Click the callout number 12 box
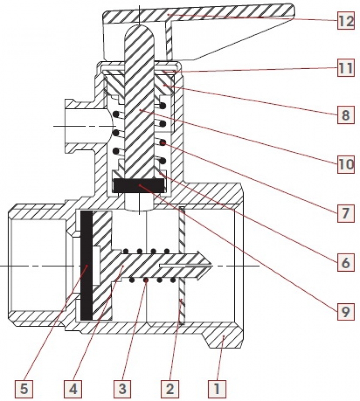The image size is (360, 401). pyautogui.click(x=345, y=21)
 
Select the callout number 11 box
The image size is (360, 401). pyautogui.click(x=345, y=68)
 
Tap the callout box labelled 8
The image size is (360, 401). pyautogui.click(x=345, y=115)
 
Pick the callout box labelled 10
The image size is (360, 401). pyautogui.click(x=345, y=164)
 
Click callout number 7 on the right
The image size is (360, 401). pyautogui.click(x=345, y=213)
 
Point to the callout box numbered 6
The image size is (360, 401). pyautogui.click(x=345, y=262)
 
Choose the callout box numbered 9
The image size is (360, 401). pyautogui.click(x=345, y=311)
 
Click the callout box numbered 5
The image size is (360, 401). pyautogui.click(x=24, y=389)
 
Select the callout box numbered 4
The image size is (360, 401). pyautogui.click(x=73, y=389)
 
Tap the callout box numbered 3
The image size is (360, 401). pyautogui.click(x=122, y=389)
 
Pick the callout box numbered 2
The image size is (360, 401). pyautogui.click(x=170, y=389)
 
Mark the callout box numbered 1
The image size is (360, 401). pyautogui.click(x=217, y=389)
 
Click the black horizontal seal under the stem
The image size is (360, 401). pyautogui.click(x=138, y=185)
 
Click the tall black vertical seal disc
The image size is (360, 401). pyautogui.click(x=86, y=266)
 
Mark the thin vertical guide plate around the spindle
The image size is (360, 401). pyautogui.click(x=182, y=266)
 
